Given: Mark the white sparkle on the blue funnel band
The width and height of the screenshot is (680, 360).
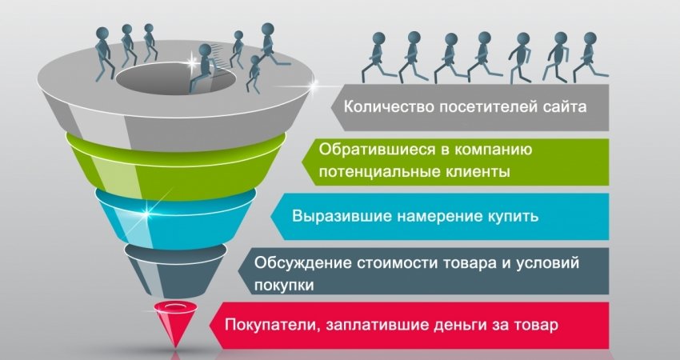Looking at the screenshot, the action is pos(146,214).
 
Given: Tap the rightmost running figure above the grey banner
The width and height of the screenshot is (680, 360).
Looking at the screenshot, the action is pos(590,57).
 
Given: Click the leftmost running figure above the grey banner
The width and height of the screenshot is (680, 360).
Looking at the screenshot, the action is pos(378,57).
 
